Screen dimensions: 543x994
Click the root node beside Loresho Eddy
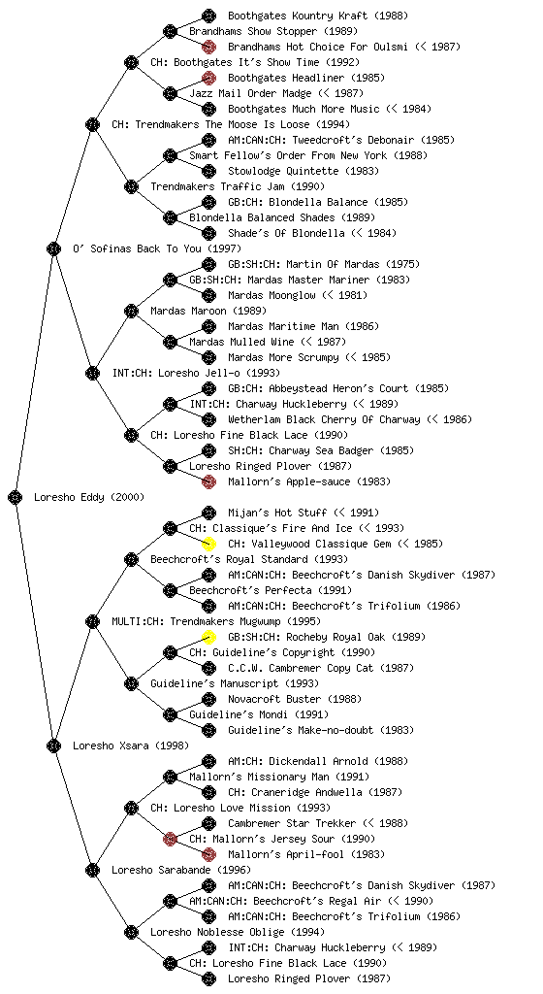pos(16,497)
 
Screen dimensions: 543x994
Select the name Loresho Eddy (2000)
pos(89,497)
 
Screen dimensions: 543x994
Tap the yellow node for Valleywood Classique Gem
pos(208,544)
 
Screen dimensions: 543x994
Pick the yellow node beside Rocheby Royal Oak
pos(208,637)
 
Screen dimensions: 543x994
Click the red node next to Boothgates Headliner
pos(208,78)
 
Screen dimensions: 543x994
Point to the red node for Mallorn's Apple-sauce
pos(208,481)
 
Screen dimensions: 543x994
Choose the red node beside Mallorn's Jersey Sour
pos(170,839)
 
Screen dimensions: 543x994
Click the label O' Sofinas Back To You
pos(138,248)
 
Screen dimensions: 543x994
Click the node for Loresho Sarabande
pos(92,870)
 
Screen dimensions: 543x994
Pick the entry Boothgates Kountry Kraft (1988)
pos(318,16)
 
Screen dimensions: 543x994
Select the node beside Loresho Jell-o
pos(92,373)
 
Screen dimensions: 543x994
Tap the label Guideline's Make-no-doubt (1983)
pos(320,730)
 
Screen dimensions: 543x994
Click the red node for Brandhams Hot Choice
pos(208,47)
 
